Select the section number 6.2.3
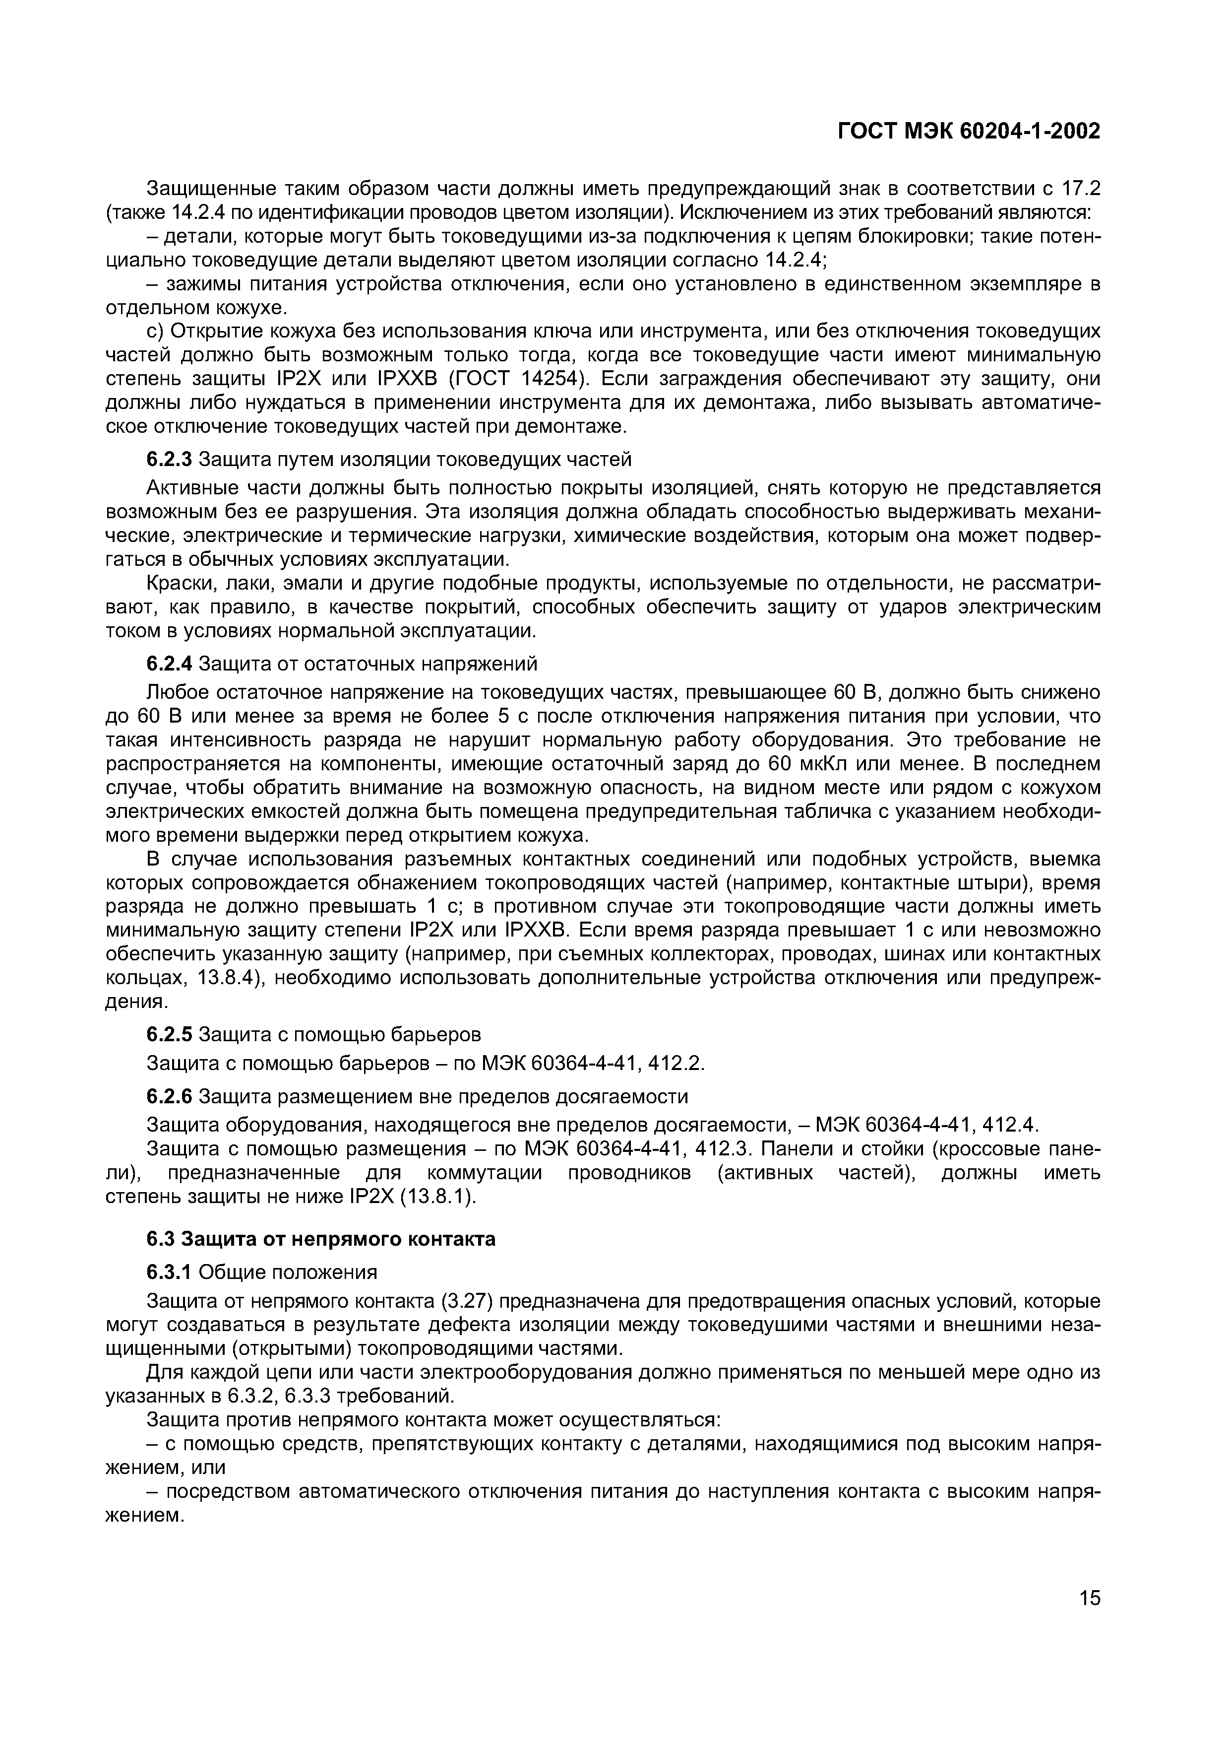pyautogui.click(x=170, y=460)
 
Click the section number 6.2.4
pyautogui.click(x=170, y=664)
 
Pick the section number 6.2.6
pyautogui.click(x=170, y=1096)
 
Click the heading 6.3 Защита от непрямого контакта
pyautogui.click(x=320, y=1239)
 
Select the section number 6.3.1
pyautogui.click(x=170, y=1271)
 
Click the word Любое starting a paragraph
pyautogui.click(x=178, y=692)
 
